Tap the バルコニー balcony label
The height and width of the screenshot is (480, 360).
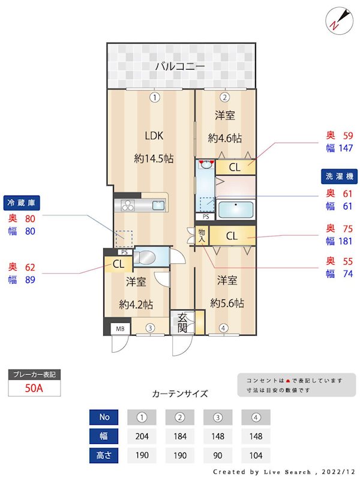(x=180, y=66)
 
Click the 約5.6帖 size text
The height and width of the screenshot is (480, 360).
(x=227, y=303)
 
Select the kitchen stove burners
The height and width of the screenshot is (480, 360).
(x=128, y=205)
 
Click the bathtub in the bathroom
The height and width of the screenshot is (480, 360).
(x=236, y=210)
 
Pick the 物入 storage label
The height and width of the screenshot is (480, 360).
(x=202, y=235)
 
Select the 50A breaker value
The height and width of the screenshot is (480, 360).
(x=34, y=388)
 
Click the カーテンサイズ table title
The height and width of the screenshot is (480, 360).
(x=180, y=394)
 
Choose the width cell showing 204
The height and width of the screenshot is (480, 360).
(x=142, y=436)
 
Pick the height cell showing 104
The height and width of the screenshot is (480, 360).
(x=256, y=455)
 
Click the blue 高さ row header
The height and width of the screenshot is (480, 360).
(x=104, y=455)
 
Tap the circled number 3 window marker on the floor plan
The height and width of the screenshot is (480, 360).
(x=151, y=328)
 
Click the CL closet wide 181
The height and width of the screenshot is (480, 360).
(x=232, y=236)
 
